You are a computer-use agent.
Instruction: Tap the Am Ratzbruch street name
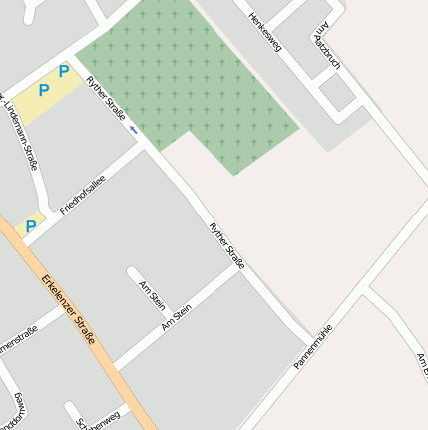coord(327,49)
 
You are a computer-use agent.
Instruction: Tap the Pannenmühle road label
coord(313,346)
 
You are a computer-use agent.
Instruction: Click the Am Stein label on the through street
coord(176,318)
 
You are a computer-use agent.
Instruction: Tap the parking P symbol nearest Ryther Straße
coord(64,71)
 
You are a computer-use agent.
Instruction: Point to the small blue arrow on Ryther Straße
coord(133,128)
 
